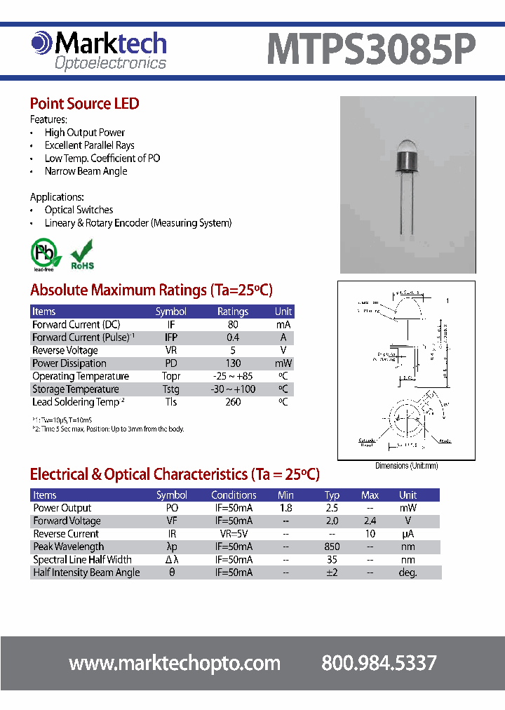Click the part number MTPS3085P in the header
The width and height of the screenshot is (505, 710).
(371, 51)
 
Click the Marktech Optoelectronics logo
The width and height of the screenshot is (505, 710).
(99, 51)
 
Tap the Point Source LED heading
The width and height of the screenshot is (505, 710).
(84, 104)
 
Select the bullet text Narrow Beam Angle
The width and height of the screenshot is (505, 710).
(86, 171)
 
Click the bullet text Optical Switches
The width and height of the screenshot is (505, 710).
(79, 210)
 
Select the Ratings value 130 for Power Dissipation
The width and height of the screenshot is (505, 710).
(233, 363)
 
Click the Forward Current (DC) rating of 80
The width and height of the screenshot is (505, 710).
(233, 325)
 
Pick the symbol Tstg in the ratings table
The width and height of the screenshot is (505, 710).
(170, 389)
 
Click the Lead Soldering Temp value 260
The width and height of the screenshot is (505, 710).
(233, 402)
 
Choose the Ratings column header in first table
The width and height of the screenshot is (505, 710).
(233, 312)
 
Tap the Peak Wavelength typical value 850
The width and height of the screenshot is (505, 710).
(332, 547)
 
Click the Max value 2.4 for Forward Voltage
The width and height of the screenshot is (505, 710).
(370, 521)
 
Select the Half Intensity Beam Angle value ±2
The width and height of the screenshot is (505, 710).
(332, 572)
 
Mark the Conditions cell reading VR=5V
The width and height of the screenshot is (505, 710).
(234, 534)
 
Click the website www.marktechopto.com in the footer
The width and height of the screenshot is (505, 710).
(175, 663)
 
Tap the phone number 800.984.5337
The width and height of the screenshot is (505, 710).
(379, 663)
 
